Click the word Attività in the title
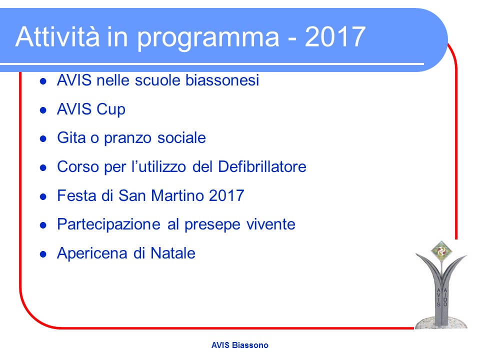pos(57,36)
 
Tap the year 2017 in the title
pos(335,36)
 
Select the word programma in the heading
pos(208,39)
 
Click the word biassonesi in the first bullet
pos(222,80)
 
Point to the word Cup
pos(111,110)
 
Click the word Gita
pos(71,137)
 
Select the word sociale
pos(181,138)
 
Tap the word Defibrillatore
pos(262,166)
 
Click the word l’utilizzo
pos(158,166)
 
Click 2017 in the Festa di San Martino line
pos(226,195)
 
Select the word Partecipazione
pos(108,225)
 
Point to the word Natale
pos(173,253)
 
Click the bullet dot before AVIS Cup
pos(43,110)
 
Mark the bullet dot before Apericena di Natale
pos(43,254)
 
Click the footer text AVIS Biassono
pos(239,345)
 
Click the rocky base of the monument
pos(441,322)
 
